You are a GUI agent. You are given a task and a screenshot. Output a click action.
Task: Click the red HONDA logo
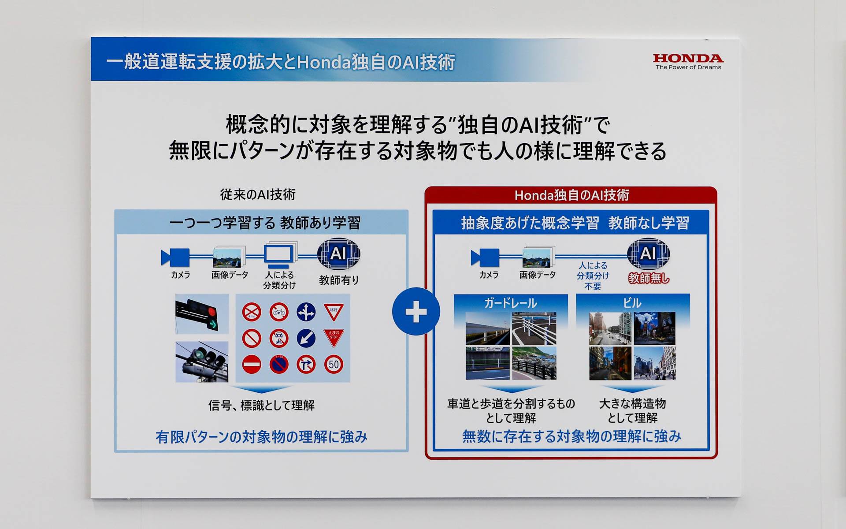pos(688,58)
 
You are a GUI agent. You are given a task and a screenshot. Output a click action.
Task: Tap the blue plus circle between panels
pos(416,312)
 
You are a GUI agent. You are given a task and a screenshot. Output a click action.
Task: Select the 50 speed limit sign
pos(334,365)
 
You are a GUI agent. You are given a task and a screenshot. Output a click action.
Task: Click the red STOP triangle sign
pos(334,337)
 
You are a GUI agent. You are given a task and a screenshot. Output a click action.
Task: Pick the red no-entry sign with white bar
pos(252,365)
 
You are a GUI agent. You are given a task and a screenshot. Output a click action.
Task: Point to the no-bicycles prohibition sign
pos(279,312)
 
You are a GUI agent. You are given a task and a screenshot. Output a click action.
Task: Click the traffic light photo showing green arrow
pos(202,313)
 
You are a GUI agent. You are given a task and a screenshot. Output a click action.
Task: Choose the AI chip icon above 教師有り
pos(338,254)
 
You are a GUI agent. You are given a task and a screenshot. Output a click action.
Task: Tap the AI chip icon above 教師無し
pos(648,254)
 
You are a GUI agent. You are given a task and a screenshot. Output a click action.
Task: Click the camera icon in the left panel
pos(176,257)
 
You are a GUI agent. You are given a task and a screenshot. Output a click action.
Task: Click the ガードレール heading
pos(511,303)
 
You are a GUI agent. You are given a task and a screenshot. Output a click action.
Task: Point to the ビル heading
pos(632,303)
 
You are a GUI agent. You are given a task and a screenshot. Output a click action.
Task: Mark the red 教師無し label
pos(649,278)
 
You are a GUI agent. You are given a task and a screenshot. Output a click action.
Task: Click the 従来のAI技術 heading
pos(258,194)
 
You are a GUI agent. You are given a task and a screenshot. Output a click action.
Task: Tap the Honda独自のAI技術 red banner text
pos(571,195)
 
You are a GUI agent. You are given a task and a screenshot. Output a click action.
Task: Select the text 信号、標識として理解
pos(261,405)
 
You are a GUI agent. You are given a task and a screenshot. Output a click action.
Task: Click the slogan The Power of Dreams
pos(688,67)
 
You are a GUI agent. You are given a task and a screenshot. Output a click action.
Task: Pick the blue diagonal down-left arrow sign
pos(306,338)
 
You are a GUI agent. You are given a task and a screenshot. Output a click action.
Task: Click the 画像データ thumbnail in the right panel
pos(537,258)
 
